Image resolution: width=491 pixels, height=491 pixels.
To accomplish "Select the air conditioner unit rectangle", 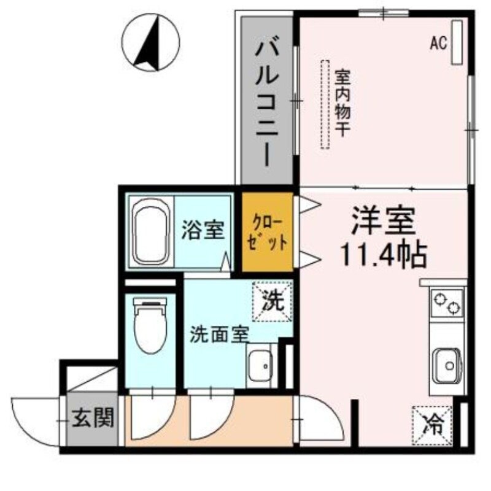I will pos(457,42).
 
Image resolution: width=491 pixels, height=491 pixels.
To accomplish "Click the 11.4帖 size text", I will pos(384,255).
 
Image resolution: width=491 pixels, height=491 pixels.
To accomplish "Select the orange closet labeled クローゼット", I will pos(267,232).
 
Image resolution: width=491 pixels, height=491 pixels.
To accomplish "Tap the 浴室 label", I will pos(202,231).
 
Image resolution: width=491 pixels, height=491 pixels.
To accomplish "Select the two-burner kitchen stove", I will pos(447,303).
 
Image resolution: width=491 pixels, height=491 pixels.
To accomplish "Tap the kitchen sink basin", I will pos(446,364).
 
